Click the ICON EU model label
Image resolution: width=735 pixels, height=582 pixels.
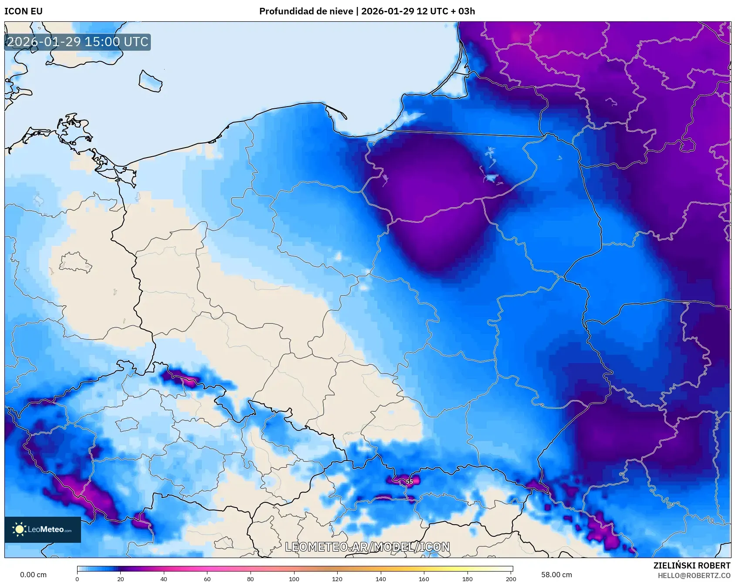[x=24, y=11]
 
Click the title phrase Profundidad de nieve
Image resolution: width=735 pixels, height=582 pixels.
[x=306, y=11]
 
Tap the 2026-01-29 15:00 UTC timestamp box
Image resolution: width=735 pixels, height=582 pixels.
[x=78, y=42]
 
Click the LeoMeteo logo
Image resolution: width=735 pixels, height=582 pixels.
[x=43, y=529]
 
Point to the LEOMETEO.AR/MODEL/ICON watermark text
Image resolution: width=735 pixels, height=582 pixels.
[x=367, y=547]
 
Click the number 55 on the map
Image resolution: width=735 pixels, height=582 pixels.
[x=409, y=481]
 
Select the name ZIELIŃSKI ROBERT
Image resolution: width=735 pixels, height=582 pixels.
[x=691, y=565]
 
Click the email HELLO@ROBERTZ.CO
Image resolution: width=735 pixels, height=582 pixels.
[x=694, y=575]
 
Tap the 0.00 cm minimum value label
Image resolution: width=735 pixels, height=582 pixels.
[x=33, y=575]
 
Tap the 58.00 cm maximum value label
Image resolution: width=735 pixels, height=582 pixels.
[x=556, y=575]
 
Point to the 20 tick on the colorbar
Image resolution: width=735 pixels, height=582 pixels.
[x=121, y=579]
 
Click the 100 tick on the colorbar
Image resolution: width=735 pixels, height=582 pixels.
[x=294, y=579]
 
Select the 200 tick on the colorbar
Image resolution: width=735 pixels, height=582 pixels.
[x=511, y=579]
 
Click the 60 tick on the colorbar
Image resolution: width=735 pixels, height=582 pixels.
[x=207, y=579]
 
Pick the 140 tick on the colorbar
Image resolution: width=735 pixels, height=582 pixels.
[x=381, y=579]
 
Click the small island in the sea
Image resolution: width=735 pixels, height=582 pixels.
[x=150, y=81]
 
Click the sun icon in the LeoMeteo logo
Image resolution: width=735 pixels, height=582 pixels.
[x=19, y=529]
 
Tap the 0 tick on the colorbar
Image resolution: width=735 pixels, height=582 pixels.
[x=78, y=579]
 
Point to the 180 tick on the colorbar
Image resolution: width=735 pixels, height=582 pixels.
[x=467, y=579]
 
